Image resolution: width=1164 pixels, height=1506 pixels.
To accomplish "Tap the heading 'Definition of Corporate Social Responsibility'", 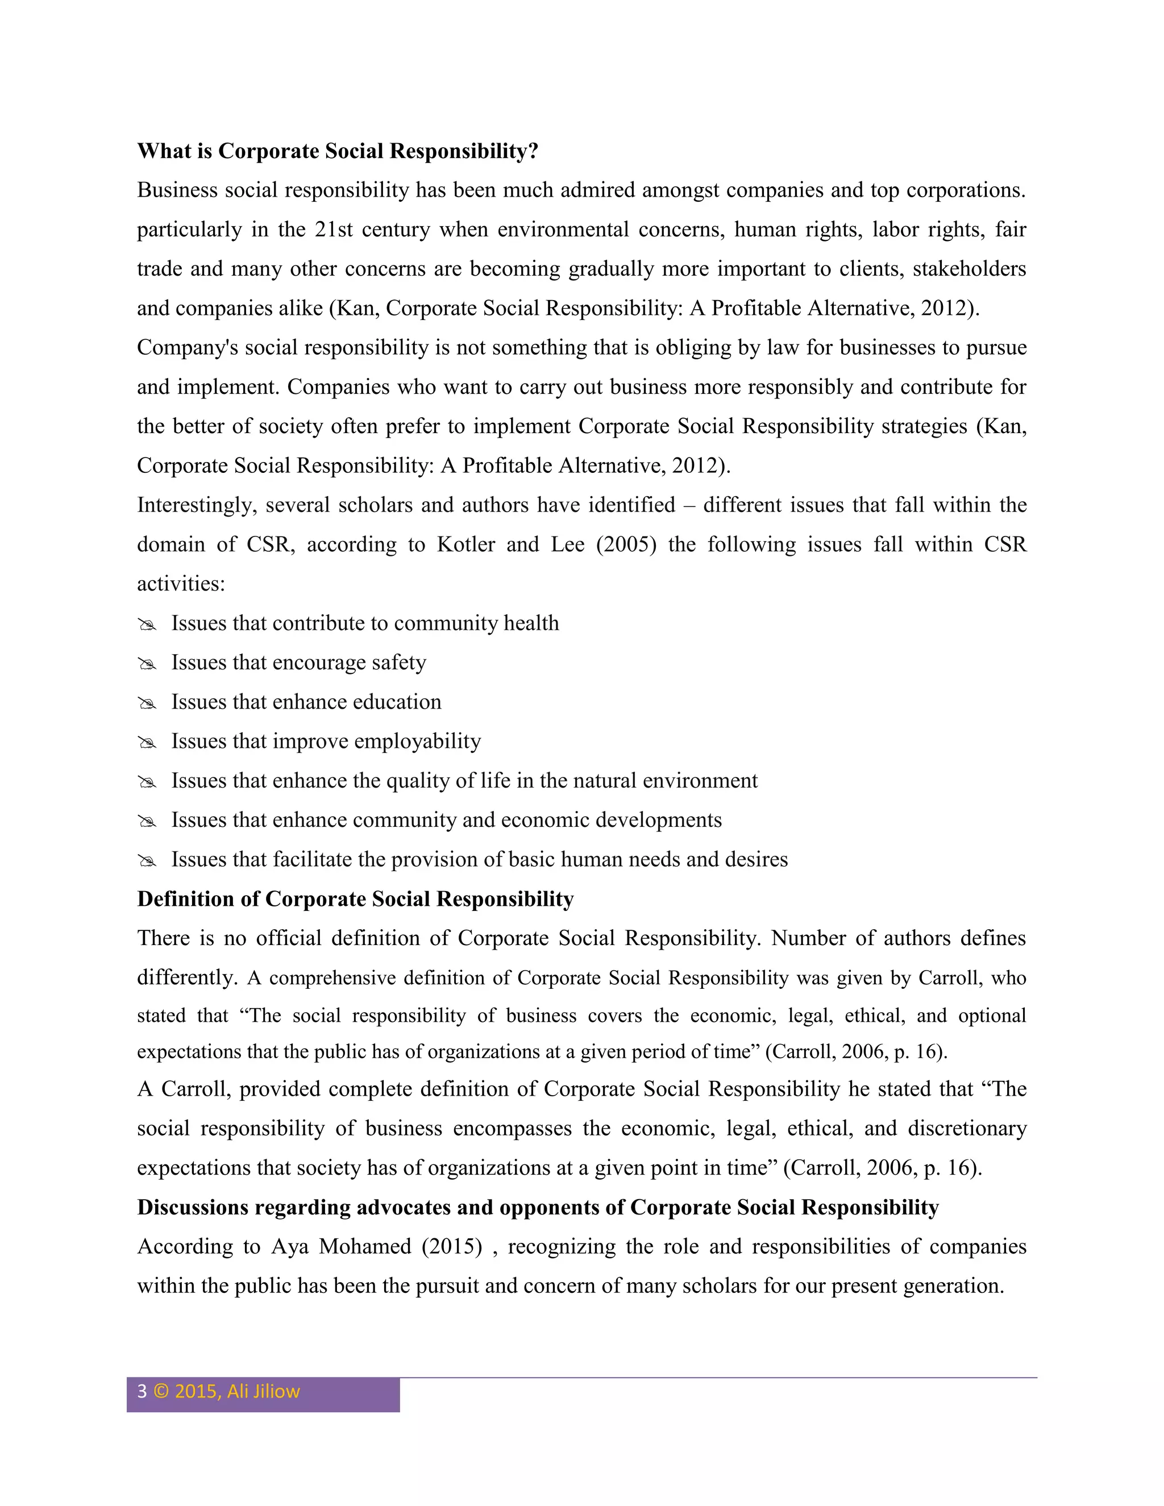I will [355, 898].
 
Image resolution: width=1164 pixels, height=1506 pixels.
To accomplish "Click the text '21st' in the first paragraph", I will [334, 229].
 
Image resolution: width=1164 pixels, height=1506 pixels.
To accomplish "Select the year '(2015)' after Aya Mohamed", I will [452, 1246].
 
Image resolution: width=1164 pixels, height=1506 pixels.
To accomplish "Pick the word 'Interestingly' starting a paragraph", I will [197, 505].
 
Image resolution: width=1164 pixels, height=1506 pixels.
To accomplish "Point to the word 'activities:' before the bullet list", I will [181, 584].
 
